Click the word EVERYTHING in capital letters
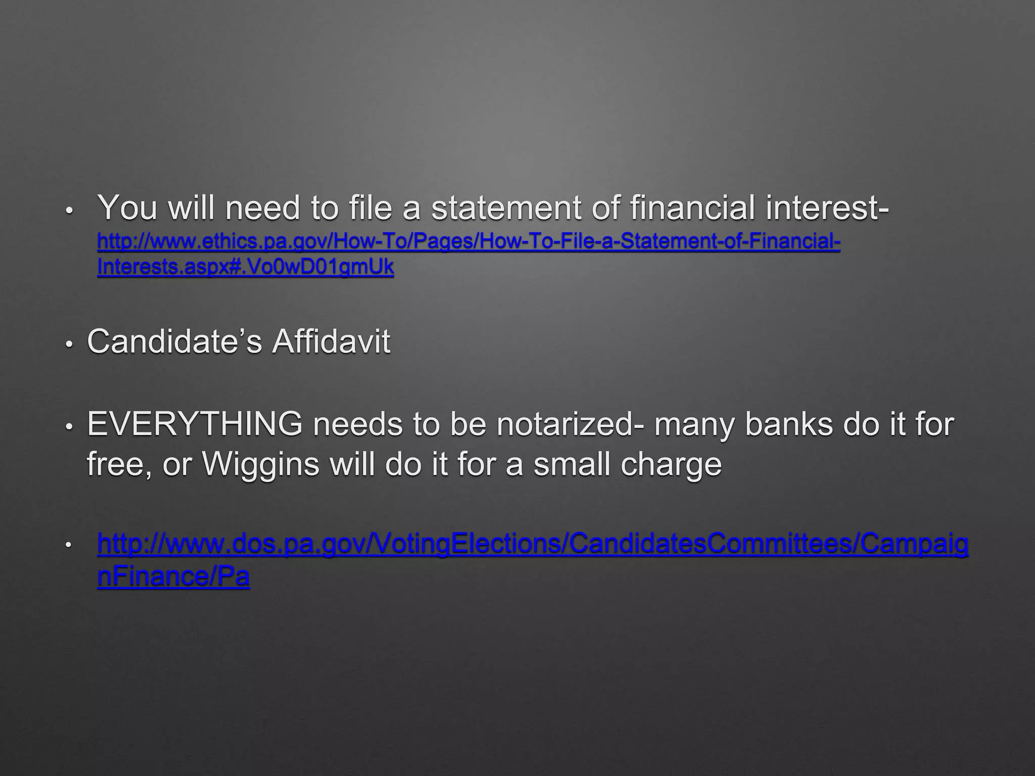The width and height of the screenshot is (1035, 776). (x=195, y=424)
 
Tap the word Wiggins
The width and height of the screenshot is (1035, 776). (x=260, y=463)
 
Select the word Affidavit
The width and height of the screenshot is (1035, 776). (x=331, y=342)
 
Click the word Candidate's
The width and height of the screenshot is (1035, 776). (x=174, y=342)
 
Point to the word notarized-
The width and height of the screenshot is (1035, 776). (x=571, y=424)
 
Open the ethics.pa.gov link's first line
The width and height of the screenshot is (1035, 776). (x=468, y=242)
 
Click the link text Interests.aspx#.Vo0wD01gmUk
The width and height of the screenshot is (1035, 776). (x=245, y=267)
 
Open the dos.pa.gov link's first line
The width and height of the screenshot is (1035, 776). (x=533, y=544)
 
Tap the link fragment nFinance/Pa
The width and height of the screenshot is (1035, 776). (x=173, y=576)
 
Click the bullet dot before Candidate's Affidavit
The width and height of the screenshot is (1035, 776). (x=70, y=344)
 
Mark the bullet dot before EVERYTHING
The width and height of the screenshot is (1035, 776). (x=70, y=426)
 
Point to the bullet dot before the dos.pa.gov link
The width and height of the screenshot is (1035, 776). (x=70, y=546)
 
